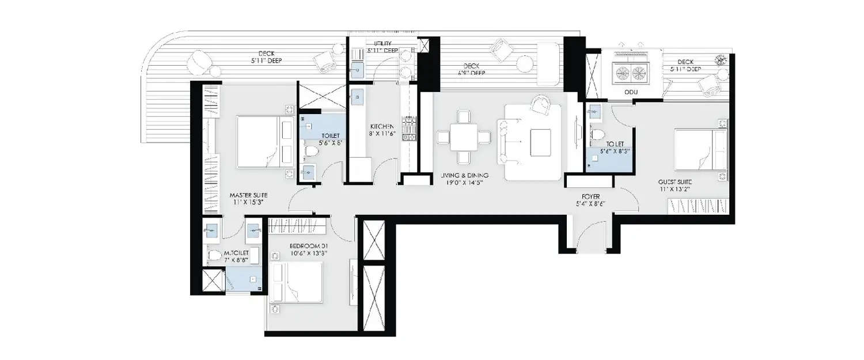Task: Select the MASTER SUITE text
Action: click(x=248, y=195)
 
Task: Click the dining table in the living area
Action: click(x=464, y=137)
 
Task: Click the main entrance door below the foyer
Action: click(x=590, y=239)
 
